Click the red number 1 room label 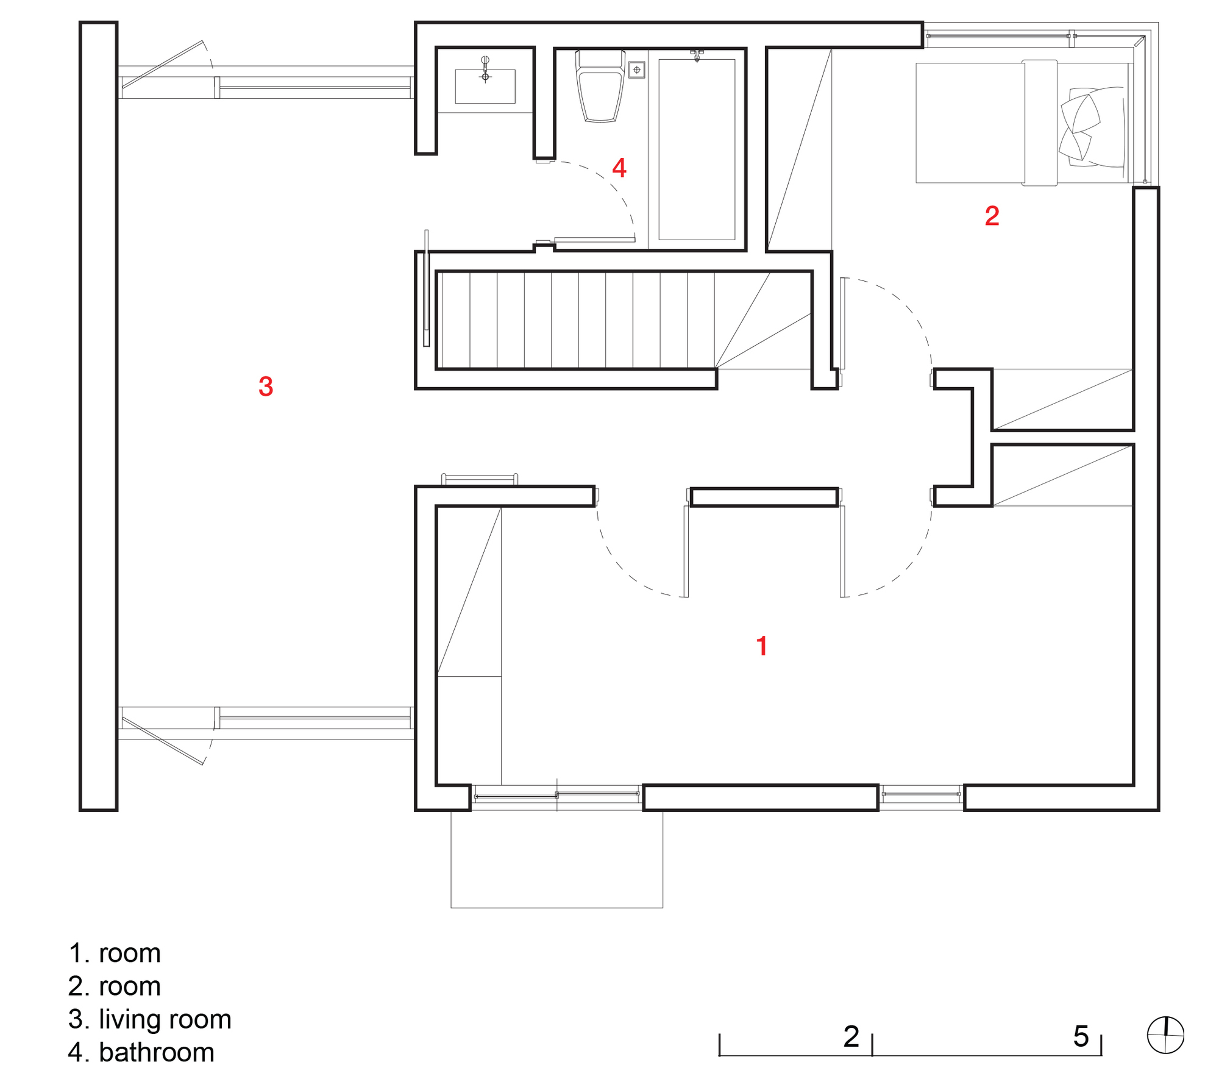(761, 646)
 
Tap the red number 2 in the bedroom (992, 216)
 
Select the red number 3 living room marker (266, 387)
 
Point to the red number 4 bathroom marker (619, 168)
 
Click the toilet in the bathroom (600, 88)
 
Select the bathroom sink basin (485, 86)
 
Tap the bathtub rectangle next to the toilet (697, 149)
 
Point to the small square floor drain (637, 70)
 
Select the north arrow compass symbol (1165, 1035)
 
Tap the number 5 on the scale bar (1081, 1036)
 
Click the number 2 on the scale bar (851, 1036)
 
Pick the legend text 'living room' (165, 1019)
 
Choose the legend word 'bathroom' (156, 1053)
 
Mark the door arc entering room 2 (908, 311)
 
